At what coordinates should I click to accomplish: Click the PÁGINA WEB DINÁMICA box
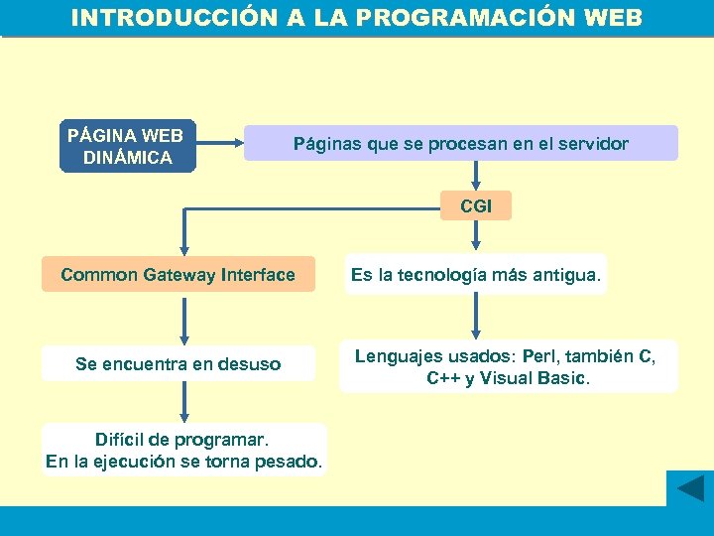tap(128, 147)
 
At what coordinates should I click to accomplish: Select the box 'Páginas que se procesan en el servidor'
tap(460, 144)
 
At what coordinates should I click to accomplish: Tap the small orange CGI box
tap(476, 205)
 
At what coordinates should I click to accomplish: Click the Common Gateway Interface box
tap(178, 275)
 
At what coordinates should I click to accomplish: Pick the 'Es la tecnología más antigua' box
tap(475, 275)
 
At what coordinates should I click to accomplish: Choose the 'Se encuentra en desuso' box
tap(178, 364)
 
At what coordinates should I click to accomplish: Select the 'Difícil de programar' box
tap(183, 450)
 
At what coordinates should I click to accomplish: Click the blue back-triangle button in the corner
tap(689, 488)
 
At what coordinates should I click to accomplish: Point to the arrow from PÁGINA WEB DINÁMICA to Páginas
tap(220, 145)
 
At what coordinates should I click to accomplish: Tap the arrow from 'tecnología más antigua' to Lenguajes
tap(477, 318)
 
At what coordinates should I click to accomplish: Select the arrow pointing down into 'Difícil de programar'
tap(181, 401)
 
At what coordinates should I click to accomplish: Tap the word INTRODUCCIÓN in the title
tap(161, 18)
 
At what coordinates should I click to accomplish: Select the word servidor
tap(593, 144)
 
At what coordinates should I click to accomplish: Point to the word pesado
tap(293, 462)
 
